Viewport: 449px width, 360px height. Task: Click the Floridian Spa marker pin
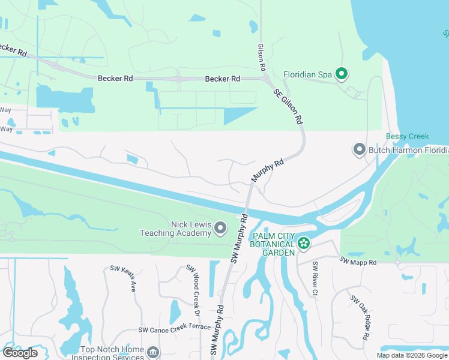[342, 74]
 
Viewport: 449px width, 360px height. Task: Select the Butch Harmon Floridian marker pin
[359, 149]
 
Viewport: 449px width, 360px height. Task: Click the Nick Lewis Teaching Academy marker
[220, 228]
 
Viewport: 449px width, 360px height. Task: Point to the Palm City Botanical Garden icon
[304, 243]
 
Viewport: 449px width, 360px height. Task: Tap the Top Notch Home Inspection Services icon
[152, 351]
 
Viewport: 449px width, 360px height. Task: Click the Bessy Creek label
[408, 136]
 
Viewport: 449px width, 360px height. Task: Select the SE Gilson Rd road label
[288, 106]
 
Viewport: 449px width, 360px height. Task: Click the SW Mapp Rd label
[358, 262]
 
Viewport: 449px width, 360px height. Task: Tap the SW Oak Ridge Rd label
[360, 318]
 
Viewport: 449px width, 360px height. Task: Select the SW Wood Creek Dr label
[193, 292]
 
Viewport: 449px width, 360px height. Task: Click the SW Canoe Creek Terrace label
[175, 328]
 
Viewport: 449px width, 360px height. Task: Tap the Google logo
[20, 353]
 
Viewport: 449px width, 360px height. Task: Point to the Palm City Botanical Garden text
[274, 244]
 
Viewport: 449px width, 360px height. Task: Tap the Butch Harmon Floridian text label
[408, 149]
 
